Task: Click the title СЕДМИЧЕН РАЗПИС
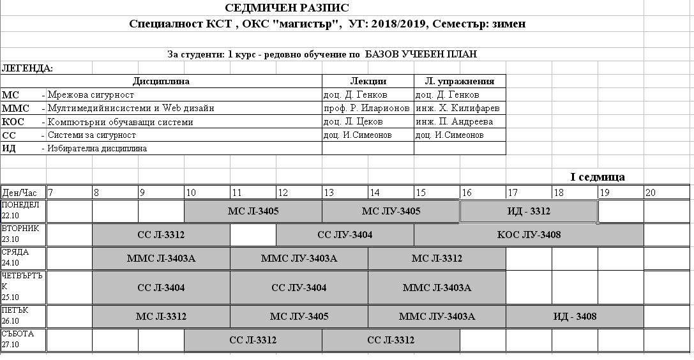point(287,8)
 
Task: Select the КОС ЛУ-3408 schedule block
point(529,235)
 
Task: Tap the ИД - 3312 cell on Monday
point(529,211)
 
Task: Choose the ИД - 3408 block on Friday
point(575,317)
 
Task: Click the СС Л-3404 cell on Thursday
point(161,288)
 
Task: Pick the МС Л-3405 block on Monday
point(253,211)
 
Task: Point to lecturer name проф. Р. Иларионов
point(366,109)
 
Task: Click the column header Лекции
point(368,81)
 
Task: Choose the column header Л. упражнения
point(460,81)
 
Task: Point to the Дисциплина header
point(161,81)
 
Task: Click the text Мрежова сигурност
point(91,95)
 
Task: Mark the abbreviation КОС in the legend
point(17,122)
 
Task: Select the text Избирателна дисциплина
point(97,149)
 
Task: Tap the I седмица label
point(597,177)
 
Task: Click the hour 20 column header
point(651,192)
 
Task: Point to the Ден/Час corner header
point(20,192)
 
